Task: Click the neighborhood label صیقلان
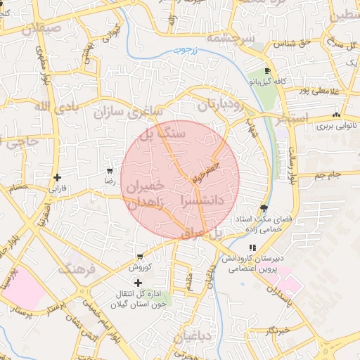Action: pyautogui.click(x=42, y=30)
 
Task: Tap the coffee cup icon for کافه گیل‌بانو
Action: pyautogui.click(x=267, y=71)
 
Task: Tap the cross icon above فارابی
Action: pyautogui.click(x=57, y=177)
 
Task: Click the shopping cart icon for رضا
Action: pyautogui.click(x=109, y=170)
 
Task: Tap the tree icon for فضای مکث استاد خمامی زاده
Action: pyautogui.click(x=263, y=207)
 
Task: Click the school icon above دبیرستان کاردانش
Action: pyautogui.click(x=252, y=247)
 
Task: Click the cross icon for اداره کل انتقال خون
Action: pyautogui.click(x=138, y=282)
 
